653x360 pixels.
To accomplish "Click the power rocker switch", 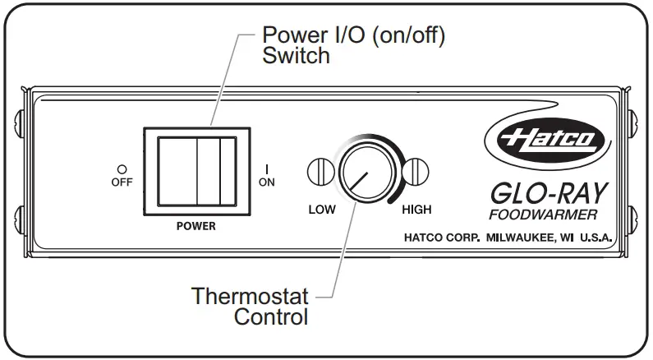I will point(198,171).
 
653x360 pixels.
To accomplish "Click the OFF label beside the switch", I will point(121,182).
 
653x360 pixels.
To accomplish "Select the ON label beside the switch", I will point(267,182).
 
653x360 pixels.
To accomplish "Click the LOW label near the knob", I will point(322,209).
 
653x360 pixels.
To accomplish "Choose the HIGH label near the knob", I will point(416,209).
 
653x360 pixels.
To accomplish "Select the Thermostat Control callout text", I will point(250,305).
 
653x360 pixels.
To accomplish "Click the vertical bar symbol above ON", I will point(267,168).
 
